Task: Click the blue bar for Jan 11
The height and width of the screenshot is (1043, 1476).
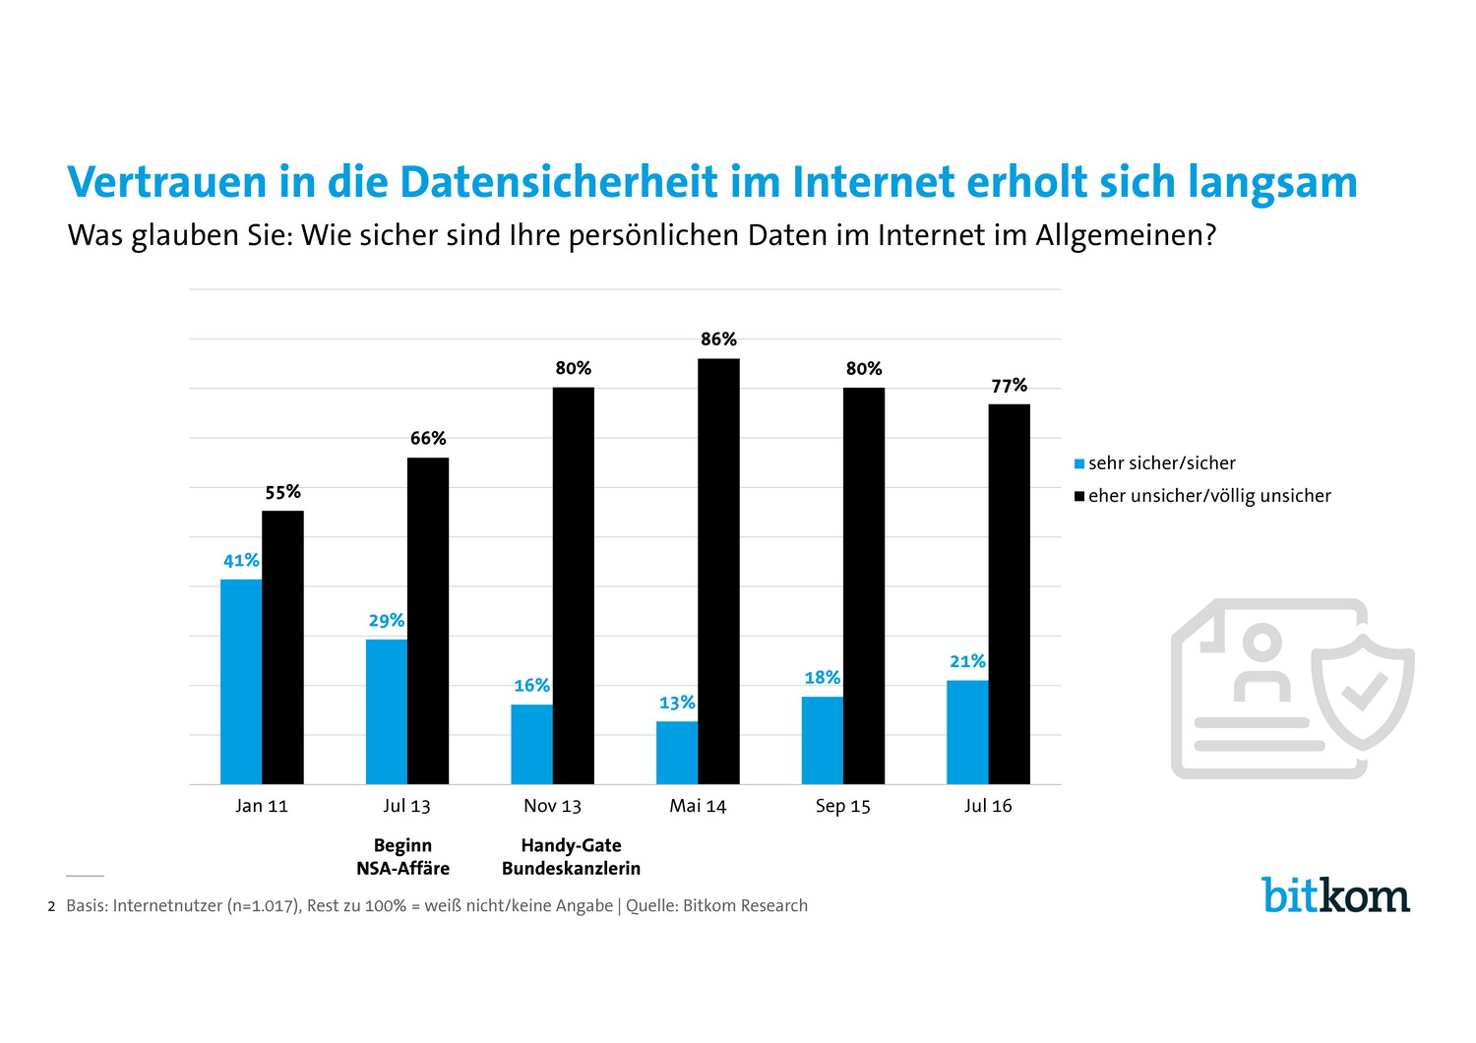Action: (x=241, y=681)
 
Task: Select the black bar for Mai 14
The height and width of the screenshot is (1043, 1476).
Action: (x=718, y=571)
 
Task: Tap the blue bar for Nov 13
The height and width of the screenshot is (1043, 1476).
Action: (x=531, y=744)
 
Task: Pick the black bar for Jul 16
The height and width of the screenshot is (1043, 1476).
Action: (x=1009, y=593)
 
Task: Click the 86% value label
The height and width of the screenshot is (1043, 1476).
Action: (x=718, y=339)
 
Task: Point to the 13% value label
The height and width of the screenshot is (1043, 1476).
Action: (x=677, y=703)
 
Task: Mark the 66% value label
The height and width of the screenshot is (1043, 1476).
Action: (x=428, y=438)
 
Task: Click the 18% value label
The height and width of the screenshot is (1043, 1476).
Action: (x=822, y=678)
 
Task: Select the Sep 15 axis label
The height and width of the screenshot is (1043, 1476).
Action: (x=842, y=806)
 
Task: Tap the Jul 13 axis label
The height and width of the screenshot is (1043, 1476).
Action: (x=406, y=806)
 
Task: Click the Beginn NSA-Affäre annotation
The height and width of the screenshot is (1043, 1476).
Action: (x=402, y=857)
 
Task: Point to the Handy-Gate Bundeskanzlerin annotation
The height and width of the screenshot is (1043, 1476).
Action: (x=571, y=857)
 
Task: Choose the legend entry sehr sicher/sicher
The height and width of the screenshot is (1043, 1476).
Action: (x=1161, y=463)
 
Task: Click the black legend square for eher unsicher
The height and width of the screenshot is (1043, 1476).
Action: (x=1079, y=496)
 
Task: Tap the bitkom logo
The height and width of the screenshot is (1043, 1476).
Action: (x=1335, y=894)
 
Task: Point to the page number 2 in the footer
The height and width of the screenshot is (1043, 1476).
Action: (x=51, y=906)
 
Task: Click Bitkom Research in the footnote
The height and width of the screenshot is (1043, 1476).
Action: (x=745, y=906)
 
